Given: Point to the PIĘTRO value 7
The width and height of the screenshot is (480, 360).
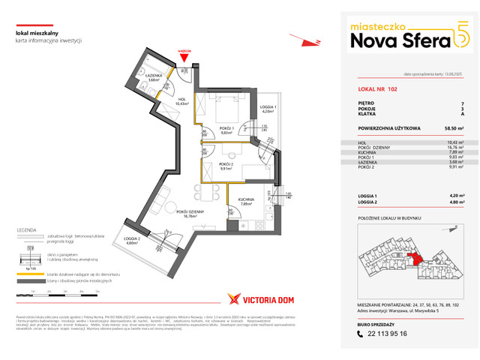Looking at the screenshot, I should [x=461, y=103].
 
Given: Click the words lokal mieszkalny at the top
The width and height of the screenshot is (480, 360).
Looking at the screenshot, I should [x=36, y=31].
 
